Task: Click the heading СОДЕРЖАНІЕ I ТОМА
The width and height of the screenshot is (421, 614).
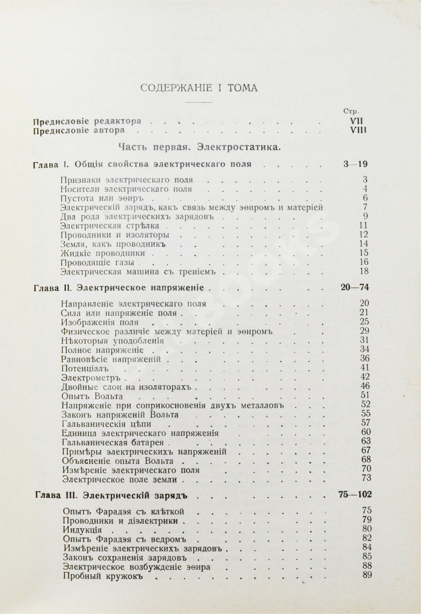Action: pyautogui.click(x=199, y=88)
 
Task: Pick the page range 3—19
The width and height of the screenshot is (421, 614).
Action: pyautogui.click(x=355, y=164)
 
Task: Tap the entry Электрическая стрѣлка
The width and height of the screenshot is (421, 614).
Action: pyautogui.click(x=110, y=226)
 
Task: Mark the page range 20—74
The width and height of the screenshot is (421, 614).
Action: pyautogui.click(x=354, y=287)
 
